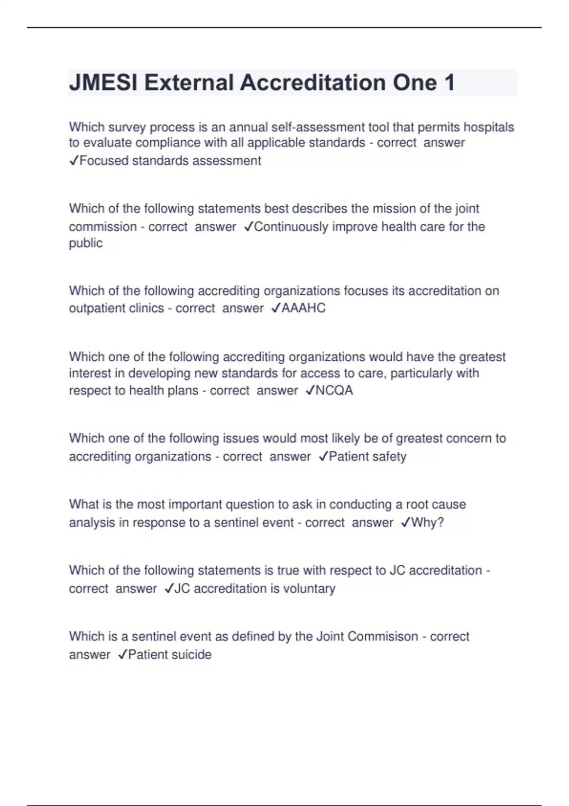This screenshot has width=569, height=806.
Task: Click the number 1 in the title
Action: (x=449, y=83)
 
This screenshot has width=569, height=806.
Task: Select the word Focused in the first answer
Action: (x=104, y=161)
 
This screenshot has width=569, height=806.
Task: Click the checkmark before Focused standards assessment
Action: (x=74, y=161)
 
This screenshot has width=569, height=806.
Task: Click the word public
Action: (x=86, y=243)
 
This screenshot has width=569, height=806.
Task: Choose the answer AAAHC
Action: (x=303, y=308)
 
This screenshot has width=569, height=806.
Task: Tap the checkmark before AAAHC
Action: (x=276, y=308)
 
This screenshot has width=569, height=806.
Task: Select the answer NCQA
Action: (x=334, y=391)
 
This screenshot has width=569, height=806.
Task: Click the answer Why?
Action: (x=427, y=522)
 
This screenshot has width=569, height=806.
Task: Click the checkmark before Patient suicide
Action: (x=122, y=655)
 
